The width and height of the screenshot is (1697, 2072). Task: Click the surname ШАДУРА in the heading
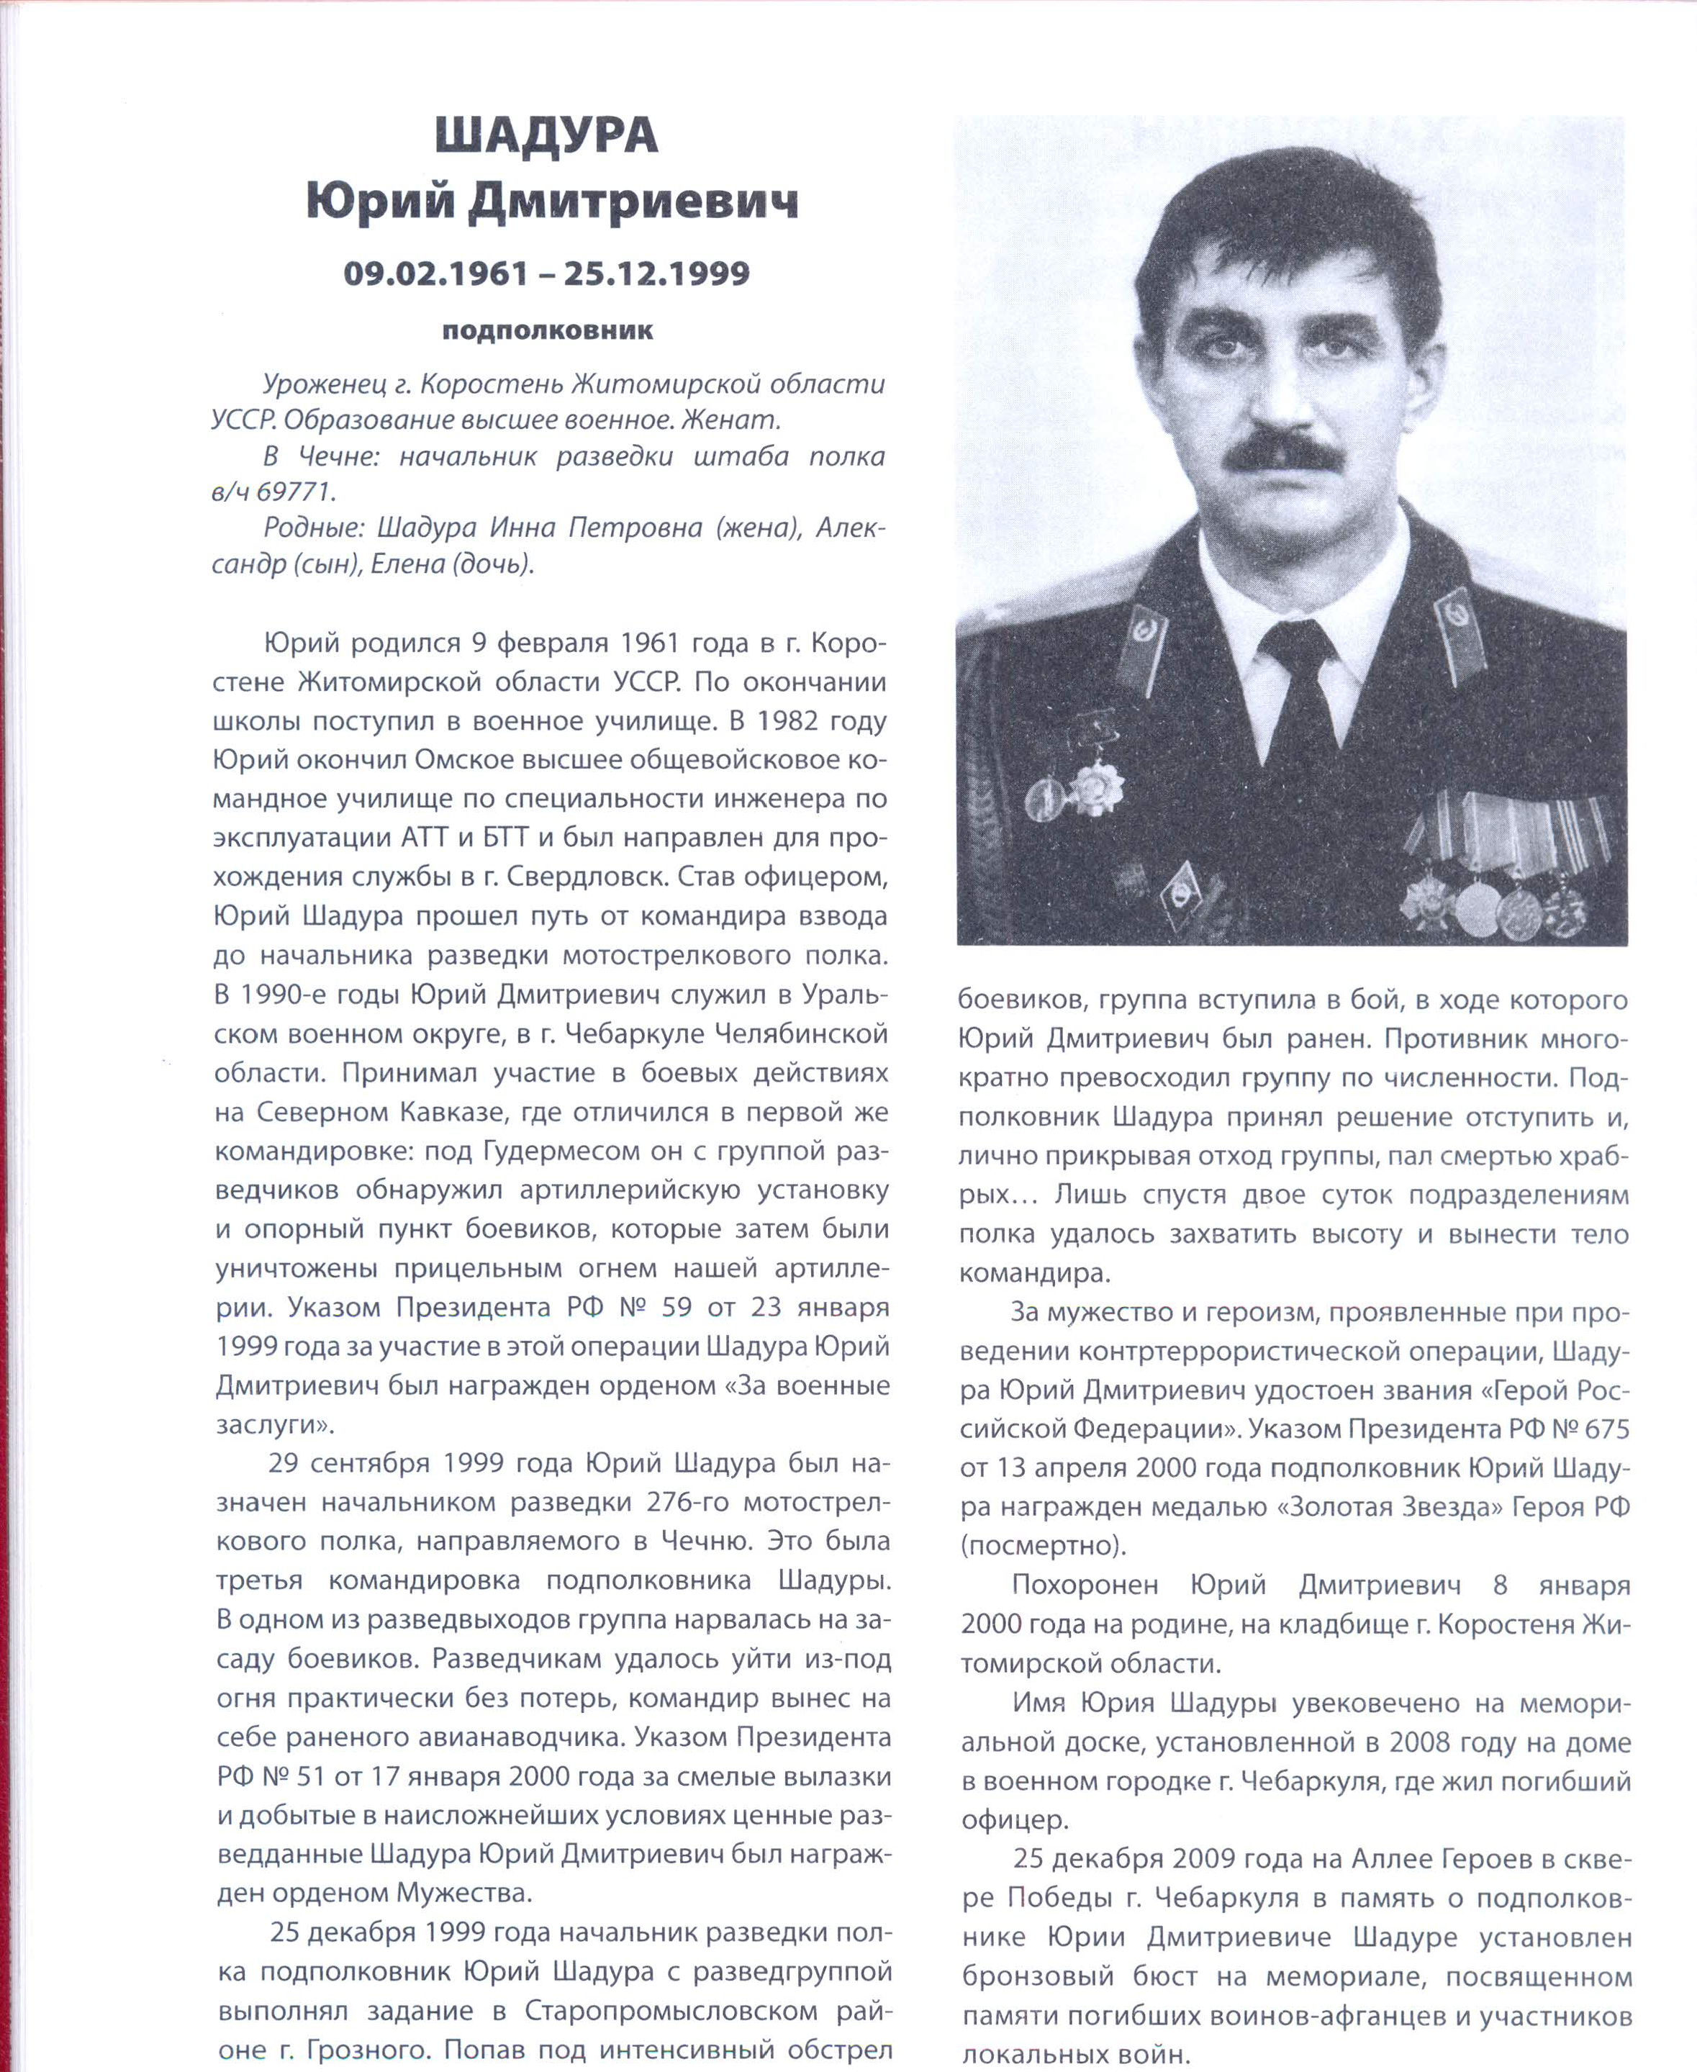click(546, 135)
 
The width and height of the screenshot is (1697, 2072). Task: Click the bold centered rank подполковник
click(548, 330)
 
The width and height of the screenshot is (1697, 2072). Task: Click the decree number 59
click(676, 1308)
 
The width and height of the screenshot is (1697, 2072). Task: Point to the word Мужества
click(463, 1893)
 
